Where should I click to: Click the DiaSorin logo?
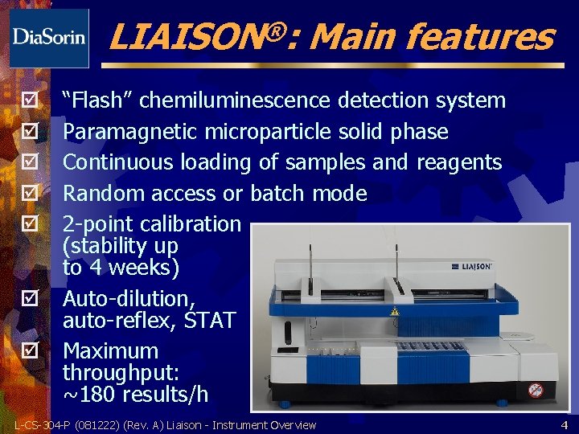(49, 37)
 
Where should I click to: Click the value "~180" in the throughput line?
(90, 394)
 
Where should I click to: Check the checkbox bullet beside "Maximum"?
(31, 351)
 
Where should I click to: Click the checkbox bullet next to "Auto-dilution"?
(31, 299)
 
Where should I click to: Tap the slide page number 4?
(564, 424)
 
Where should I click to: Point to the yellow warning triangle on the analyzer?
(395, 311)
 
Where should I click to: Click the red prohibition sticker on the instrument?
(535, 390)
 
